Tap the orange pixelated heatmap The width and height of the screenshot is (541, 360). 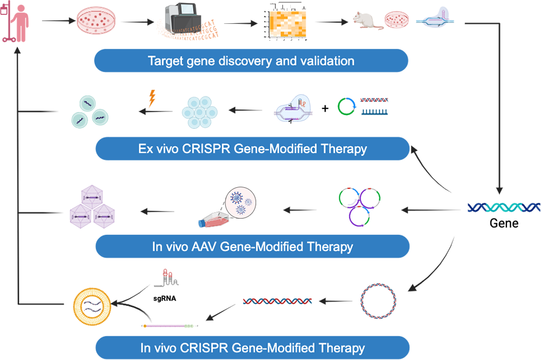pos(291,23)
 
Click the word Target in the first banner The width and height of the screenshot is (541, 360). pos(164,61)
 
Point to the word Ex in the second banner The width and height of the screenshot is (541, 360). pos(145,148)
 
